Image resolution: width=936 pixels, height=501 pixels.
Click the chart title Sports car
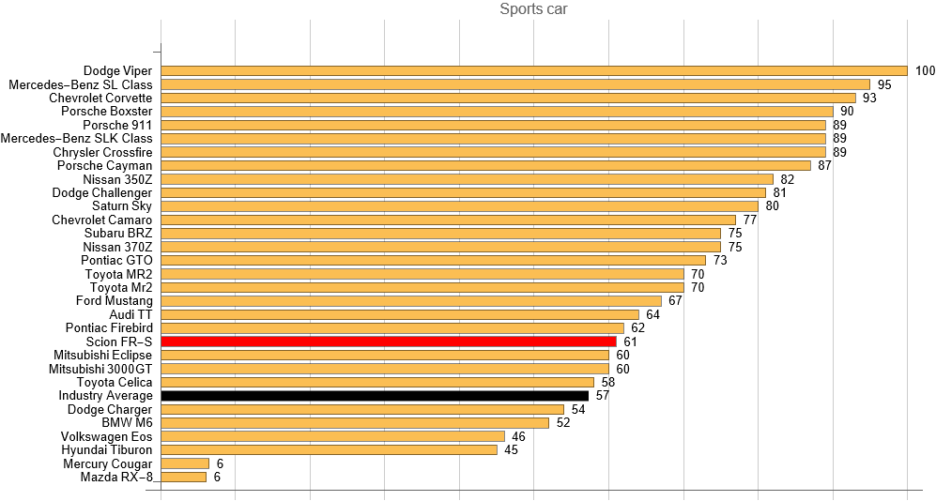[x=533, y=10]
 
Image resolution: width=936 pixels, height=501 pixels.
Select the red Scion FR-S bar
[x=389, y=342]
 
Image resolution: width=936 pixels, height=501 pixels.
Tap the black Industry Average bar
[x=375, y=396]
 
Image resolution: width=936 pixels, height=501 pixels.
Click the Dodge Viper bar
[x=534, y=70]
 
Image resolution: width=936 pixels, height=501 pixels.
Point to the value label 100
[x=925, y=70]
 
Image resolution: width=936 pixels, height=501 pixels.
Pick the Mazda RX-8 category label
[x=116, y=477]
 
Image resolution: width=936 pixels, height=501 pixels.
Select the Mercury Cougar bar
[x=185, y=463]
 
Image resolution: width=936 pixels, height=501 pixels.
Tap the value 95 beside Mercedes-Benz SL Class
[x=884, y=84]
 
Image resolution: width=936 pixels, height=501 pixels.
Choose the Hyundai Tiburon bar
[x=330, y=449]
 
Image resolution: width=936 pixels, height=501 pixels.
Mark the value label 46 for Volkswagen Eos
[x=518, y=436]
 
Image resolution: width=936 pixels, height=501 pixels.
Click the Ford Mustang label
[x=114, y=301]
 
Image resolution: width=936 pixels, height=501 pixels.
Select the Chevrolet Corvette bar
[x=509, y=98]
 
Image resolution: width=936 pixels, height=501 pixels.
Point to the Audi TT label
[x=130, y=314]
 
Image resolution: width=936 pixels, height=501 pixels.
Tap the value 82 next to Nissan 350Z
[x=787, y=179]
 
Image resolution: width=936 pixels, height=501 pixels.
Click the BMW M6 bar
[x=355, y=422]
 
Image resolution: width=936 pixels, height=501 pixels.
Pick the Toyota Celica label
[x=114, y=382]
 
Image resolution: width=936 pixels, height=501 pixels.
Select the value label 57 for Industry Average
[x=602, y=396]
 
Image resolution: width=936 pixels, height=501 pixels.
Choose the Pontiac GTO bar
[x=434, y=260]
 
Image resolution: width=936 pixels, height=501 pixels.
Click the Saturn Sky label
[x=122, y=206]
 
